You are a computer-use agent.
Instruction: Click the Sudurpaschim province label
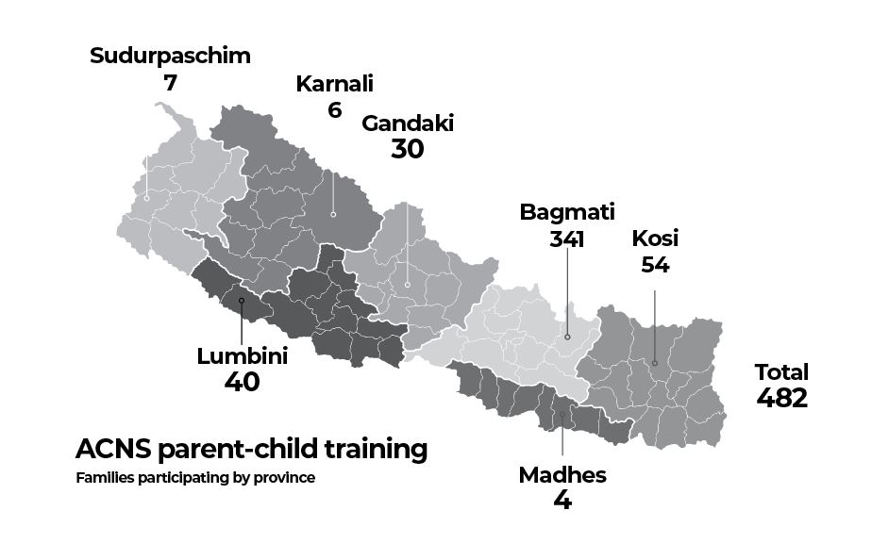(170, 56)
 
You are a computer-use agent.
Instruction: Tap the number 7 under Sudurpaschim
(170, 83)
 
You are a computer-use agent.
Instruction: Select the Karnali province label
(334, 84)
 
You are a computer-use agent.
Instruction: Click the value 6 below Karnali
(334, 110)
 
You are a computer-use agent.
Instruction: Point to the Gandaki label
(408, 124)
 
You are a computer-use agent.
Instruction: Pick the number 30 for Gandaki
(408, 150)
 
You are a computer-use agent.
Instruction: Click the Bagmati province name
(567, 212)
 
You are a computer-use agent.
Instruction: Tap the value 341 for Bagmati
(567, 239)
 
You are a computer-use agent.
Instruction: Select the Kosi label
(655, 238)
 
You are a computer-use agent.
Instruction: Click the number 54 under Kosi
(655, 265)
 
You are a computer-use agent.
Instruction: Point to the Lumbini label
(242, 356)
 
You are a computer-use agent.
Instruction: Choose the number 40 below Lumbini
(242, 383)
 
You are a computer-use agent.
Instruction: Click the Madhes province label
(562, 475)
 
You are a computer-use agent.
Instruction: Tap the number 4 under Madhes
(562, 501)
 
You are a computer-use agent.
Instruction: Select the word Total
(781, 371)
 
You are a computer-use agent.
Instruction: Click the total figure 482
(781, 398)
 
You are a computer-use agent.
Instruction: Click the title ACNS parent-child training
(251, 449)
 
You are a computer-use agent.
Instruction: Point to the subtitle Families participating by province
(195, 478)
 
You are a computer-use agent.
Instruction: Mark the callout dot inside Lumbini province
(242, 301)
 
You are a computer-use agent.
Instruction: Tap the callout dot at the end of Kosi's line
(655, 363)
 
